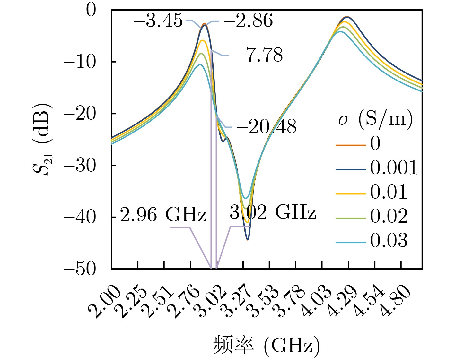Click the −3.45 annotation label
click(x=158, y=21)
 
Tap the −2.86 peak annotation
click(x=248, y=21)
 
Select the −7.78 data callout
click(x=258, y=55)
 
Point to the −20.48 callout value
click(x=267, y=127)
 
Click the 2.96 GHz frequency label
click(x=163, y=215)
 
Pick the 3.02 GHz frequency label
click(x=273, y=212)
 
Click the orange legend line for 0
click(x=351, y=145)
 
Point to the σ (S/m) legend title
click(x=375, y=119)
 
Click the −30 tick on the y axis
click(x=80, y=166)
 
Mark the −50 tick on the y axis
click(x=80, y=269)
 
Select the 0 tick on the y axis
click(x=91, y=10)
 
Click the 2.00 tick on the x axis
click(x=104, y=302)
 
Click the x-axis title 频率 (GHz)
click(x=266, y=346)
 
